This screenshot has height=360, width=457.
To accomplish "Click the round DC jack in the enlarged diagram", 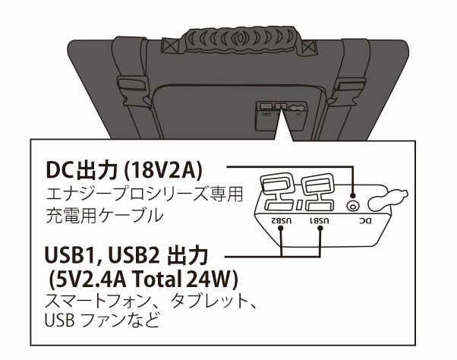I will [x=351, y=204].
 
